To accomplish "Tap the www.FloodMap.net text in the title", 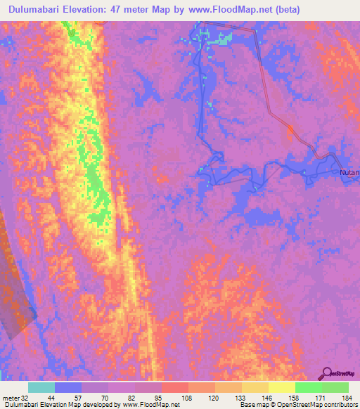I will pos(224,10).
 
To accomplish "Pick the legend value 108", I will pos(188,397).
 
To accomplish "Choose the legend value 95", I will pos(162,397).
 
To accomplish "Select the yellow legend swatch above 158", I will pos(281,387).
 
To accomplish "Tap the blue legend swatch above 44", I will pos(67,387).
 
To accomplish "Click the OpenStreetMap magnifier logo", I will pos(328,372).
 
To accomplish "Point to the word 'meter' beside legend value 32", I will pos(11,397).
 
